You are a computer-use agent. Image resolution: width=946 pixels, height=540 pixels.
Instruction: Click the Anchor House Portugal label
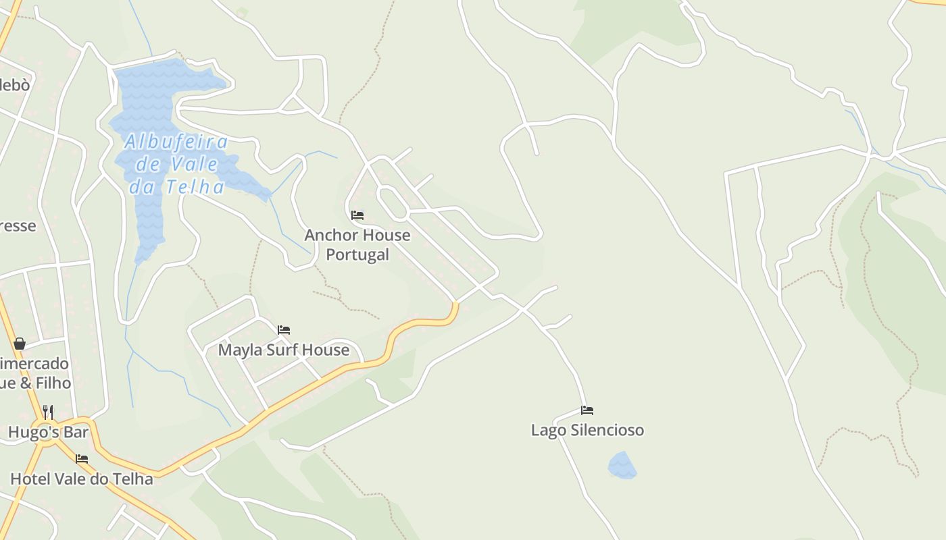click(x=357, y=244)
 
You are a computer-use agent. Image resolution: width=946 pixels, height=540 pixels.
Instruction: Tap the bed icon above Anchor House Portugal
click(x=357, y=215)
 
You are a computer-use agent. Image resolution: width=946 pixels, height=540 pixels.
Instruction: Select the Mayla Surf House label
click(x=283, y=350)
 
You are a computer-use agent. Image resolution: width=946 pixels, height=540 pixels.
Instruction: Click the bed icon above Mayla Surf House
click(x=284, y=330)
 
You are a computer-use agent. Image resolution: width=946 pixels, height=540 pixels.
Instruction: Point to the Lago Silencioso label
click(x=587, y=430)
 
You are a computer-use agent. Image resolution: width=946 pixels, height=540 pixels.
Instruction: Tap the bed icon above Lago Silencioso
click(x=587, y=410)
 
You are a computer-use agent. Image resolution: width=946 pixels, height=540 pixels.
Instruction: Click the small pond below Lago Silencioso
click(x=622, y=466)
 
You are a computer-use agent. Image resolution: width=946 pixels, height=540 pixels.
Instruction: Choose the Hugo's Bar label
click(x=49, y=432)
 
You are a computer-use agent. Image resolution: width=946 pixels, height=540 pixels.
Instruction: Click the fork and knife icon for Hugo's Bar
click(x=48, y=411)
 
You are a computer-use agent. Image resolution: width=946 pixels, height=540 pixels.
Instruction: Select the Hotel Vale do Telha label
click(x=81, y=479)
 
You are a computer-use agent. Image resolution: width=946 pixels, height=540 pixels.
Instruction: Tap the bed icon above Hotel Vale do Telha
click(x=82, y=459)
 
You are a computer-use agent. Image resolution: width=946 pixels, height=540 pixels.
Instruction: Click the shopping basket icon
click(x=20, y=344)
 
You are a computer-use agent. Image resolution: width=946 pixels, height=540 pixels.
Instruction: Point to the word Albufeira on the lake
click(x=176, y=142)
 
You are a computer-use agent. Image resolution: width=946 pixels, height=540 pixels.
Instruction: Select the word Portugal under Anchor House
click(x=357, y=254)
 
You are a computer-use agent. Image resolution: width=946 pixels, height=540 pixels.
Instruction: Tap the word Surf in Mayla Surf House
click(x=284, y=350)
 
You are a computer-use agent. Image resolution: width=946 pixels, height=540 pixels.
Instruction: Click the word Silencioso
click(x=607, y=430)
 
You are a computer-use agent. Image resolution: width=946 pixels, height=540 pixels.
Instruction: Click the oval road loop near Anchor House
click(x=392, y=202)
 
